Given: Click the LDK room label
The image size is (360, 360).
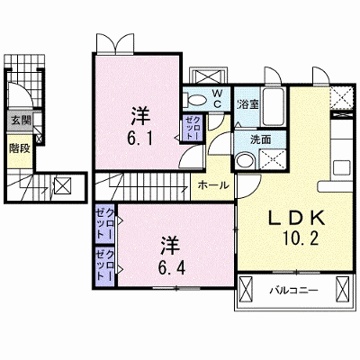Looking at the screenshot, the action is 297,218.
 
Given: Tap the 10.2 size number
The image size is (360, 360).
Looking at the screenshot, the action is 300,239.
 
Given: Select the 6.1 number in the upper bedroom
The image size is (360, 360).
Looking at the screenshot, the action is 141,139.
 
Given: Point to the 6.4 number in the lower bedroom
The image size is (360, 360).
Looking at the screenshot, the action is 172,267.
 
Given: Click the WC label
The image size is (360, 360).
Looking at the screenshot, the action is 217,99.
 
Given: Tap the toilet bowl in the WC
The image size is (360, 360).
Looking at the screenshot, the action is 197,101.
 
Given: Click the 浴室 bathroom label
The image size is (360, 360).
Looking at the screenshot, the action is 247,104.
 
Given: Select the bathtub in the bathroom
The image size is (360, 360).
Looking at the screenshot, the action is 273,107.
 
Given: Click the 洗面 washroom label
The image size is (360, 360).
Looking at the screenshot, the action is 261,139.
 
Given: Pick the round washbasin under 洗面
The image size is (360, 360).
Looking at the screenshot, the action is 246,160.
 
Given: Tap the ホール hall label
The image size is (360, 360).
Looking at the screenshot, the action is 213,185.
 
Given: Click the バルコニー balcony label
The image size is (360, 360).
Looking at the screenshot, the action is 293,291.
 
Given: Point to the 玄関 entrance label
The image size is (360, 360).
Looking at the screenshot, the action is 21,121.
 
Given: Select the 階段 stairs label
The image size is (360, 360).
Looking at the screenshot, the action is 20,148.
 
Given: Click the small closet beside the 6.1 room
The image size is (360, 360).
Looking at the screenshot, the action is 191,128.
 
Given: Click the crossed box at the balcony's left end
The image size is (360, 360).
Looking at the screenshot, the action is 246,290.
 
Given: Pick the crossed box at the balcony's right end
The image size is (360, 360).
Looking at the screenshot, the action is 342,290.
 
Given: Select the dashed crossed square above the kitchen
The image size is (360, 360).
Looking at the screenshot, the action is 341,98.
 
